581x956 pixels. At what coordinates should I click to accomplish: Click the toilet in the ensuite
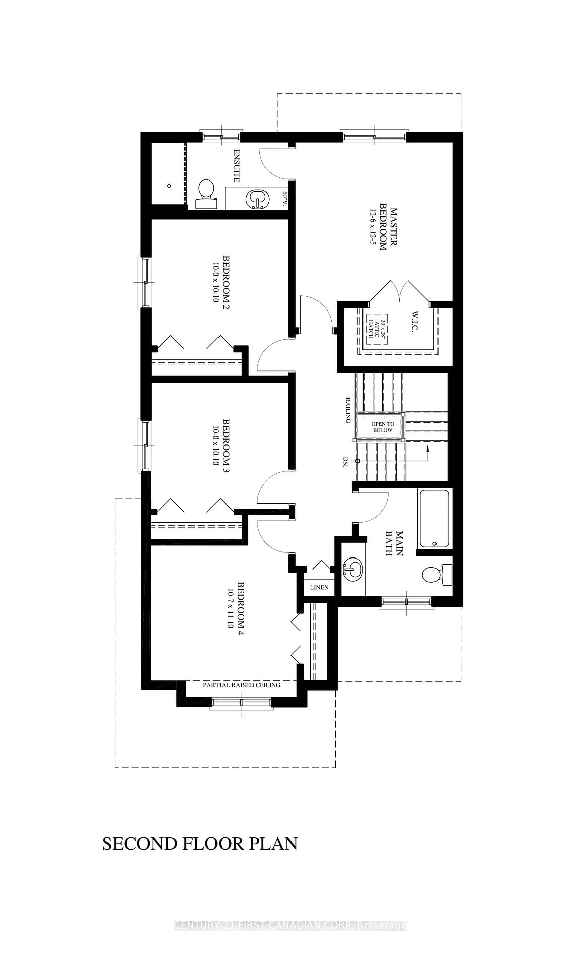[x=205, y=193]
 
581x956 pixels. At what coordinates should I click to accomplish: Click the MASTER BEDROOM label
[x=388, y=227]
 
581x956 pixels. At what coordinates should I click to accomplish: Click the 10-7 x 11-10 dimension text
[x=231, y=609]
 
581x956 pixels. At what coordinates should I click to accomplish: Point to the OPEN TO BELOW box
[x=382, y=427]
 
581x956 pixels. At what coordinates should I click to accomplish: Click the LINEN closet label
[x=319, y=587]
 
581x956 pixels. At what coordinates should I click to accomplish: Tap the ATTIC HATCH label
[x=371, y=329]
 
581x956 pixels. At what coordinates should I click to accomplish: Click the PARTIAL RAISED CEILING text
[x=242, y=685]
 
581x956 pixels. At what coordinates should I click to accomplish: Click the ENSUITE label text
[x=236, y=165]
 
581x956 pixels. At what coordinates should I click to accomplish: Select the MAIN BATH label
[x=394, y=543]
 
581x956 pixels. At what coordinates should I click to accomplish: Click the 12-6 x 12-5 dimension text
[x=373, y=227]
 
